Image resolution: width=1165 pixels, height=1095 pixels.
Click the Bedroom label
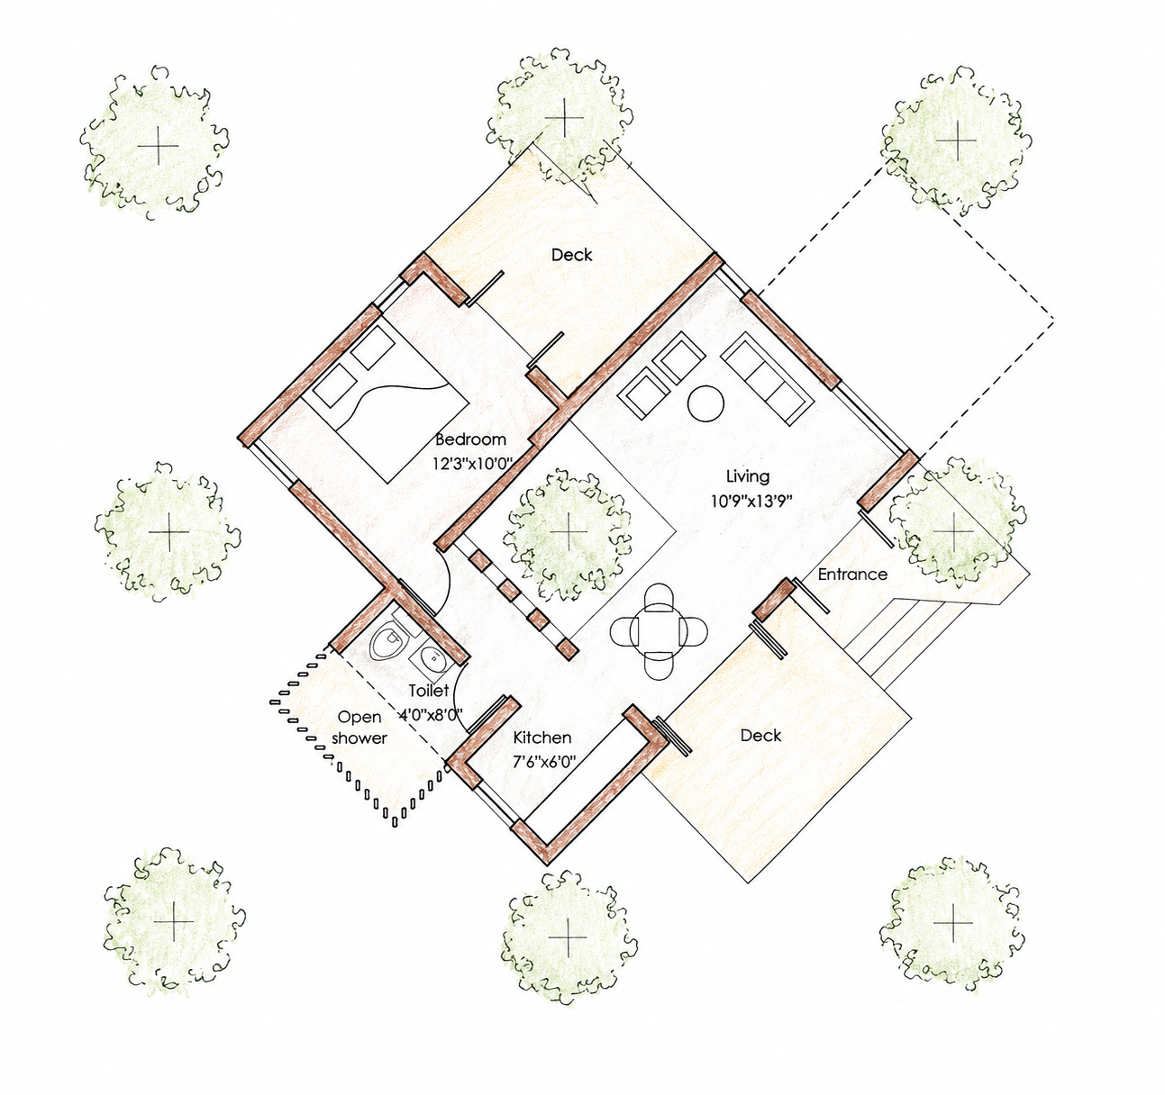470,439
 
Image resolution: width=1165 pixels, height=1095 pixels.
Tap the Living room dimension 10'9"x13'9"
751,502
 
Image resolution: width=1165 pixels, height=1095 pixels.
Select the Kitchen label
542,738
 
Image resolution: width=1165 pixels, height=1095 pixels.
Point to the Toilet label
429,691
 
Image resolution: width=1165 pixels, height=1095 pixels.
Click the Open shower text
360,728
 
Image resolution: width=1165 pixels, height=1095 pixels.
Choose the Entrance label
851,575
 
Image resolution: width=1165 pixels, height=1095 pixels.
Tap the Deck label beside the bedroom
572,255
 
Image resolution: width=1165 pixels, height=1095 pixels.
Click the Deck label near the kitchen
760,736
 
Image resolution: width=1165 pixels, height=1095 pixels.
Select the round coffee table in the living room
705,403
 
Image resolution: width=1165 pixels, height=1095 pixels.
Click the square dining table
659,631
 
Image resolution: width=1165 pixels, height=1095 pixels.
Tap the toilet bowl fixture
389,641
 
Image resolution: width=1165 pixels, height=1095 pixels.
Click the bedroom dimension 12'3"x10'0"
473,464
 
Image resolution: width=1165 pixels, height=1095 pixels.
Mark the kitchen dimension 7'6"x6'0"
544,763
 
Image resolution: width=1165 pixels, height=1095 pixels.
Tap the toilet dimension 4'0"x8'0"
432,715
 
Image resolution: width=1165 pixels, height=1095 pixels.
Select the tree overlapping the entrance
953,530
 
